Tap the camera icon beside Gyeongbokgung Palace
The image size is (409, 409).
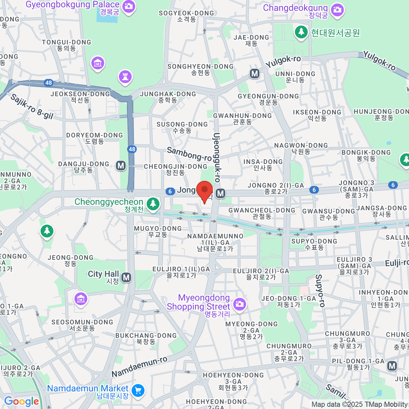point(129,6)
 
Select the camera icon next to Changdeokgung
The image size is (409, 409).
point(337,9)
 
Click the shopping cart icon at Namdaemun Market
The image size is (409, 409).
point(138,390)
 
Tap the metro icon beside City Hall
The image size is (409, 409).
point(126,277)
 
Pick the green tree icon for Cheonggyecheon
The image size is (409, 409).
point(153,204)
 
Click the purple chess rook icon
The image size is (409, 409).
point(125,77)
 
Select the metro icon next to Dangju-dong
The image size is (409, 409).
point(121,166)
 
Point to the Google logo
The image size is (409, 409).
point(21,402)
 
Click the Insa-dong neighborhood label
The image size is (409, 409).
point(263,165)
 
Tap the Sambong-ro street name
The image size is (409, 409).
point(189,154)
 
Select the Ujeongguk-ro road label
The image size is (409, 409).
point(217,157)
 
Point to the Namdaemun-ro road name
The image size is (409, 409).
point(139,367)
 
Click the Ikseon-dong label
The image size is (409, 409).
point(317,115)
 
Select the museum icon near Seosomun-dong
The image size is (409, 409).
point(80,299)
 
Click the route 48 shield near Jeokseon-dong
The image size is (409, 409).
point(48,82)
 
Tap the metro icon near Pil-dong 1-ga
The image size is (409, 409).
point(392,366)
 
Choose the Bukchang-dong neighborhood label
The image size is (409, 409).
point(146,338)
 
